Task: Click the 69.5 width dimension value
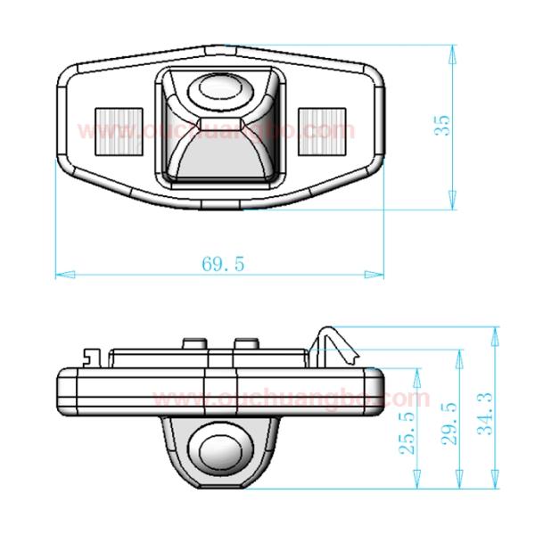(x=223, y=263)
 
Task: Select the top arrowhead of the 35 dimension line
(x=454, y=45)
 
